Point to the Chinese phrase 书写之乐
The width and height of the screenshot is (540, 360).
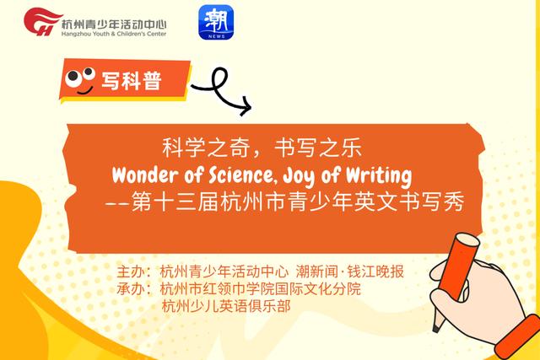(326, 148)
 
